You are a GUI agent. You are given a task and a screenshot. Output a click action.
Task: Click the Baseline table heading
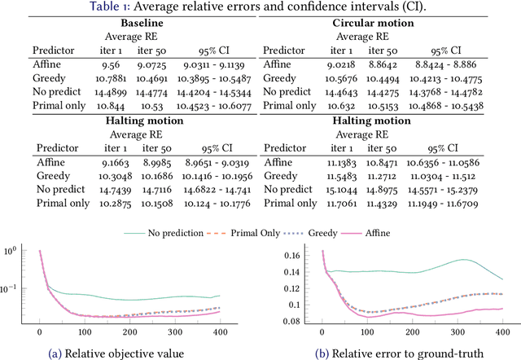tap(129, 23)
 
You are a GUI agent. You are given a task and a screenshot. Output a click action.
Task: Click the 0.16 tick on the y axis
tap(291, 254)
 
